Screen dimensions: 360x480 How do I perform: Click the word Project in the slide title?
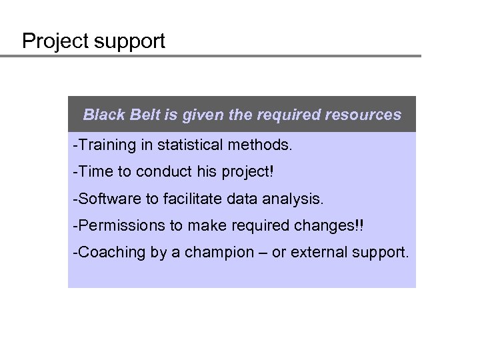(55, 42)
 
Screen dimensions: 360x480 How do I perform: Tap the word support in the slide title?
(129, 42)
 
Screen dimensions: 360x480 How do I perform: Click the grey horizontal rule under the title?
(211, 56)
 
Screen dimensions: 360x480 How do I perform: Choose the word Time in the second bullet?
(97, 171)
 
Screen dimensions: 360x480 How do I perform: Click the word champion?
(226, 253)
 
